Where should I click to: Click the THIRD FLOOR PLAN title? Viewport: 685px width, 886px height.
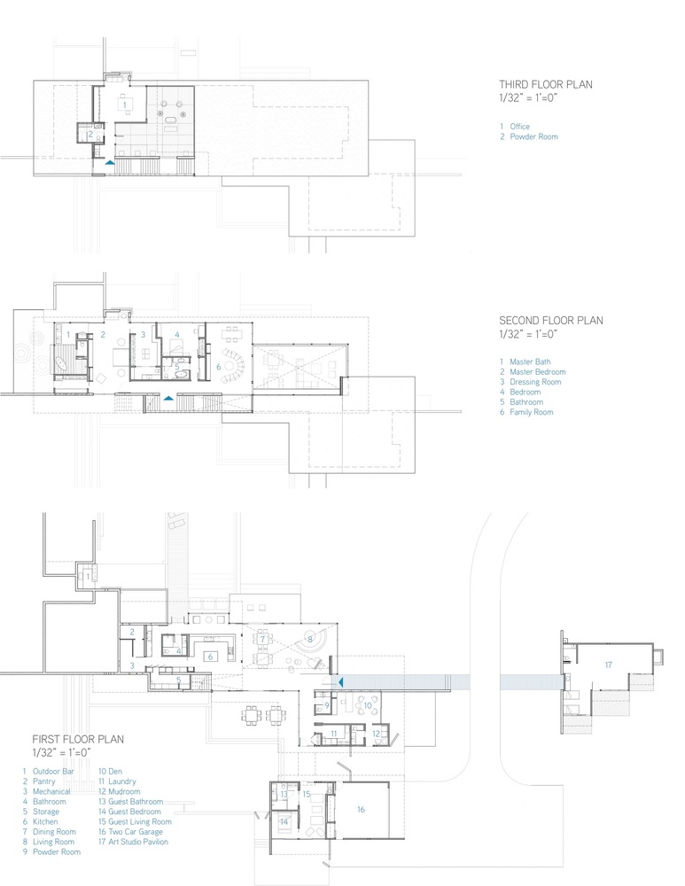[545, 84]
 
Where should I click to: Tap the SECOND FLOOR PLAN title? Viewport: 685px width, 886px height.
[550, 321]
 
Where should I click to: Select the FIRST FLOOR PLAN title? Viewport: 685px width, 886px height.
[78, 739]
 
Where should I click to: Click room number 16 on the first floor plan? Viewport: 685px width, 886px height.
[361, 810]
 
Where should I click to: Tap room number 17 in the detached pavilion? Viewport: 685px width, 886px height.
[608, 664]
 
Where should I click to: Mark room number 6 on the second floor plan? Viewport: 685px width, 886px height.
[219, 367]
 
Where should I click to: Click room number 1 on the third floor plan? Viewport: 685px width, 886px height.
[125, 105]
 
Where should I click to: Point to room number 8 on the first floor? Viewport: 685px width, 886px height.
[310, 639]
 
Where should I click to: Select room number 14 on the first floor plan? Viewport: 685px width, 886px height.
[284, 822]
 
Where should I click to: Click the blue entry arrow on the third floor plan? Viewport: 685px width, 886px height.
[110, 162]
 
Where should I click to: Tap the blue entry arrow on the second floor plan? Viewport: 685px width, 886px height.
[167, 398]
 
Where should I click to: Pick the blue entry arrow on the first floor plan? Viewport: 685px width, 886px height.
[340, 682]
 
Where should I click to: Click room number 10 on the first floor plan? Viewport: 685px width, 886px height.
[368, 705]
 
